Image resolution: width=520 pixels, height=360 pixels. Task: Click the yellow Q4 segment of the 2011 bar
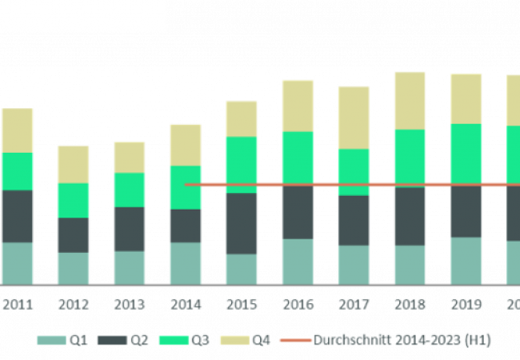tap(17, 130)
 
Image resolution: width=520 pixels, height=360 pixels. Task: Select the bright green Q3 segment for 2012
tap(73, 200)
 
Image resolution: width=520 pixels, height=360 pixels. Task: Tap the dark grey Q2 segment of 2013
tap(129, 229)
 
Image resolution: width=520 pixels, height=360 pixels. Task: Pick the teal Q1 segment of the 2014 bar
tap(185, 263)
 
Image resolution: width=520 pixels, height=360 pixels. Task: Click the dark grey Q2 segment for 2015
tap(241, 223)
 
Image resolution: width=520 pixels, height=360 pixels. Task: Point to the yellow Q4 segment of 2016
tap(298, 106)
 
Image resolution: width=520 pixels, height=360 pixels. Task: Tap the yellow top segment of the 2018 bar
tap(410, 100)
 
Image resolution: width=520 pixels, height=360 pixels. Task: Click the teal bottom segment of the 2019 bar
tap(466, 260)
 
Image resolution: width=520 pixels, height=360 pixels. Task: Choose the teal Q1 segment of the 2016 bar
tap(298, 261)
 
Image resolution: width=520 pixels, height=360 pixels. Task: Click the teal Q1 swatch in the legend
tap(51, 341)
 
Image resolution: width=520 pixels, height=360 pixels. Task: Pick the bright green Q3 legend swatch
tap(174, 341)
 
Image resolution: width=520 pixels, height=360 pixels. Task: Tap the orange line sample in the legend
tap(295, 341)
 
